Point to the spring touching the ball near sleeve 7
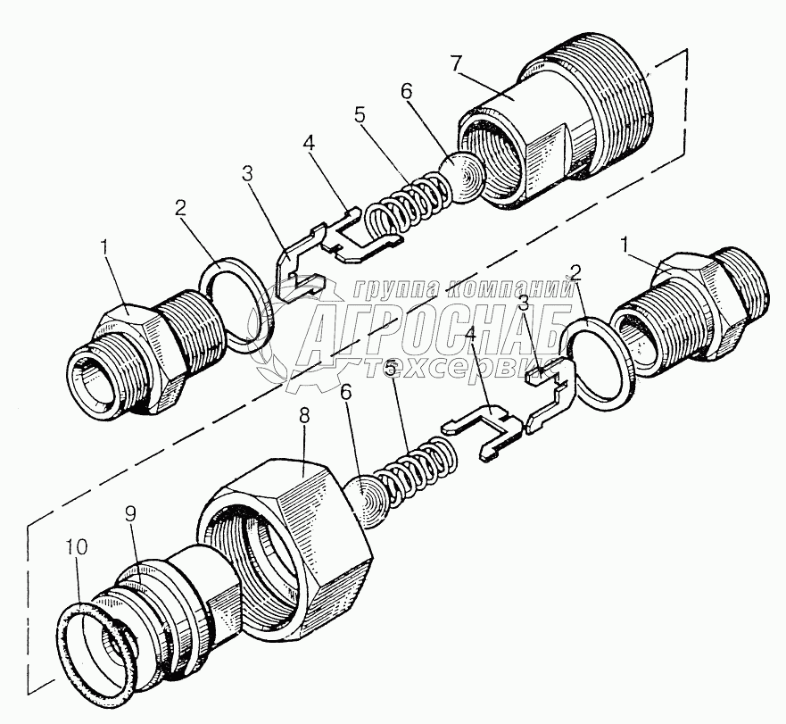410,204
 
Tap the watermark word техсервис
464,370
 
